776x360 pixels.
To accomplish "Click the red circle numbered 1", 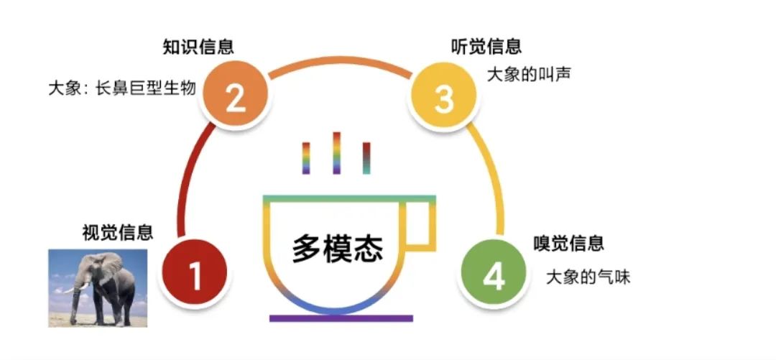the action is [x=195, y=274].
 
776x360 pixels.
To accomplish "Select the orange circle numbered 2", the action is [x=236, y=98].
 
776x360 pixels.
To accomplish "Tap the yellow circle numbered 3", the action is [x=444, y=98].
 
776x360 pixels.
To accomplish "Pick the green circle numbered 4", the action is [x=493, y=276].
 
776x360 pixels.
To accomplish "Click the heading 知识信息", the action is [x=198, y=47].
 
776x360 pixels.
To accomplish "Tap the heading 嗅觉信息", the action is [x=568, y=243].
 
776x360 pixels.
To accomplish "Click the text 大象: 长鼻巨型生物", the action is [x=121, y=89].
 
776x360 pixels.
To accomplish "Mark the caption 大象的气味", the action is [x=588, y=277].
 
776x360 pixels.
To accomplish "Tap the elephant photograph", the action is [x=98, y=288].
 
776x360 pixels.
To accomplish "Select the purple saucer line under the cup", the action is [x=341, y=318].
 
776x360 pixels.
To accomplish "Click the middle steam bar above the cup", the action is [x=336, y=152].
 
